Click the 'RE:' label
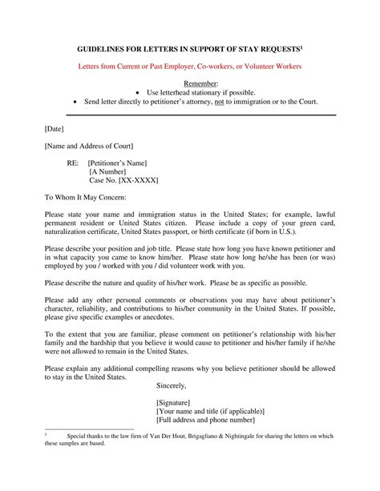pos(73,163)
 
